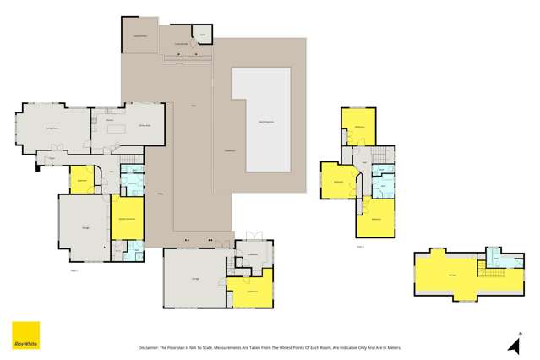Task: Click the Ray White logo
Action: click(24, 336)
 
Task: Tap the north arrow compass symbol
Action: click(512, 342)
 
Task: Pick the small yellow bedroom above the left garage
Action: click(82, 178)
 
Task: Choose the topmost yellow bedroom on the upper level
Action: click(358, 127)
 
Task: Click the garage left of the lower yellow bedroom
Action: click(194, 279)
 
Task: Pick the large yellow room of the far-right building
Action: click(452, 275)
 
